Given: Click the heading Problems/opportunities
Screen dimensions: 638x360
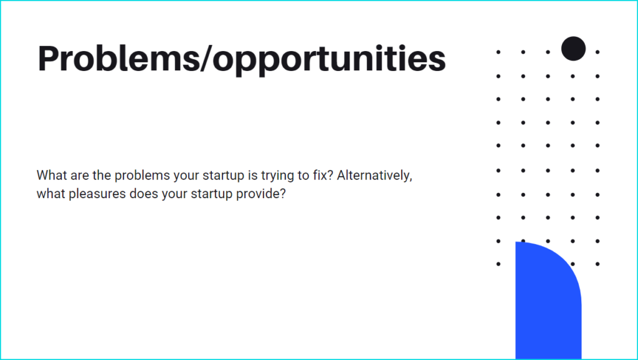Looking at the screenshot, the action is click(x=242, y=59).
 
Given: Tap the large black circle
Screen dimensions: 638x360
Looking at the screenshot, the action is click(x=573, y=49).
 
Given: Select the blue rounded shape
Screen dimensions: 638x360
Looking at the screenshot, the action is click(x=548, y=301).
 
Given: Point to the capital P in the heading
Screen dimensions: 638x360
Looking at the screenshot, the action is click(x=49, y=58).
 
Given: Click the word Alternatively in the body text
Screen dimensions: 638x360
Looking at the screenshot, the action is click(x=373, y=175).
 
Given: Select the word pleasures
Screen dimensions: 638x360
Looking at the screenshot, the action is click(x=97, y=194).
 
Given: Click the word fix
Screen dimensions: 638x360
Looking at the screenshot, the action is click(x=320, y=175).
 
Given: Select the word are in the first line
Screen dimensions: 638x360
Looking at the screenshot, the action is click(x=80, y=176).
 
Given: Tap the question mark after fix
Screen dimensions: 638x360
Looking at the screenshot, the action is click(x=330, y=175).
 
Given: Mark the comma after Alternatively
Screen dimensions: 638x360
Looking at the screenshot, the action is click(x=411, y=179).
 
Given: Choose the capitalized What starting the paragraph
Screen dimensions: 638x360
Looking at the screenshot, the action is click(x=52, y=175).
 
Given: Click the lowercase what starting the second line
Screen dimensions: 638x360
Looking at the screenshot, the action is click(x=51, y=194).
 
